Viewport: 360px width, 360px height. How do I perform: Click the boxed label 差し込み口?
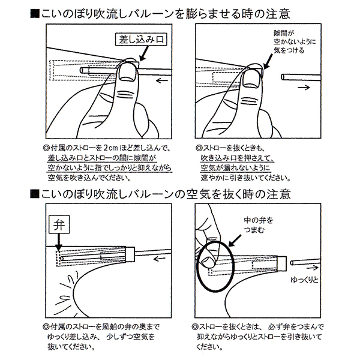142,41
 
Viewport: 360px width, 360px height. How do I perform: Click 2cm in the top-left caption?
109,148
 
